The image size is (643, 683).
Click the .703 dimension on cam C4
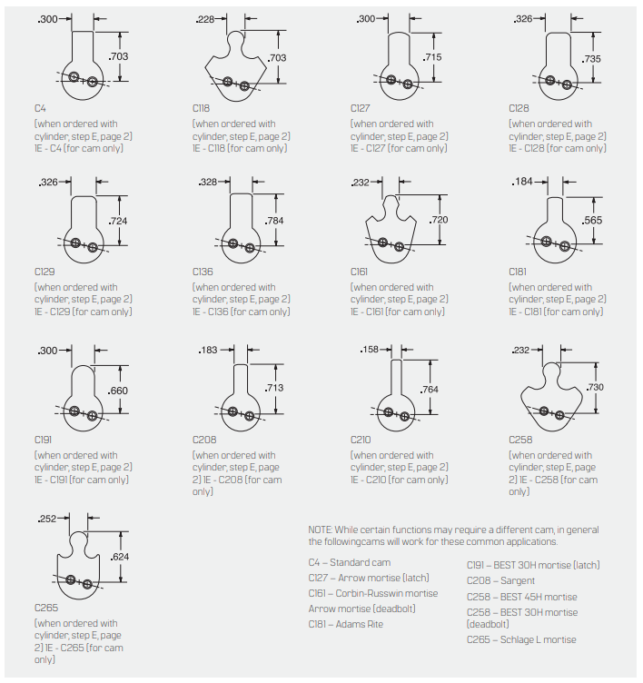point(119,56)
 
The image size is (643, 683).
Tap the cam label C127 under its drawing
point(362,108)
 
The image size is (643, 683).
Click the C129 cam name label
point(45,272)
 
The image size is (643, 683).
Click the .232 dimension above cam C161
point(361,183)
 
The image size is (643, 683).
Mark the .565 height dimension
point(592,220)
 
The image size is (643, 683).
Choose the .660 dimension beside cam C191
point(117,391)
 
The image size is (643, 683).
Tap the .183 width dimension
point(207,350)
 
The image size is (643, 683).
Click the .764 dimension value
point(430,389)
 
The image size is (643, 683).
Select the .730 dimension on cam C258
point(596,387)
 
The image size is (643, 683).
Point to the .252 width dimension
point(46,519)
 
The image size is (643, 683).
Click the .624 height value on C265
point(119,557)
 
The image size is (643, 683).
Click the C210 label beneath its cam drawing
point(362,440)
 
